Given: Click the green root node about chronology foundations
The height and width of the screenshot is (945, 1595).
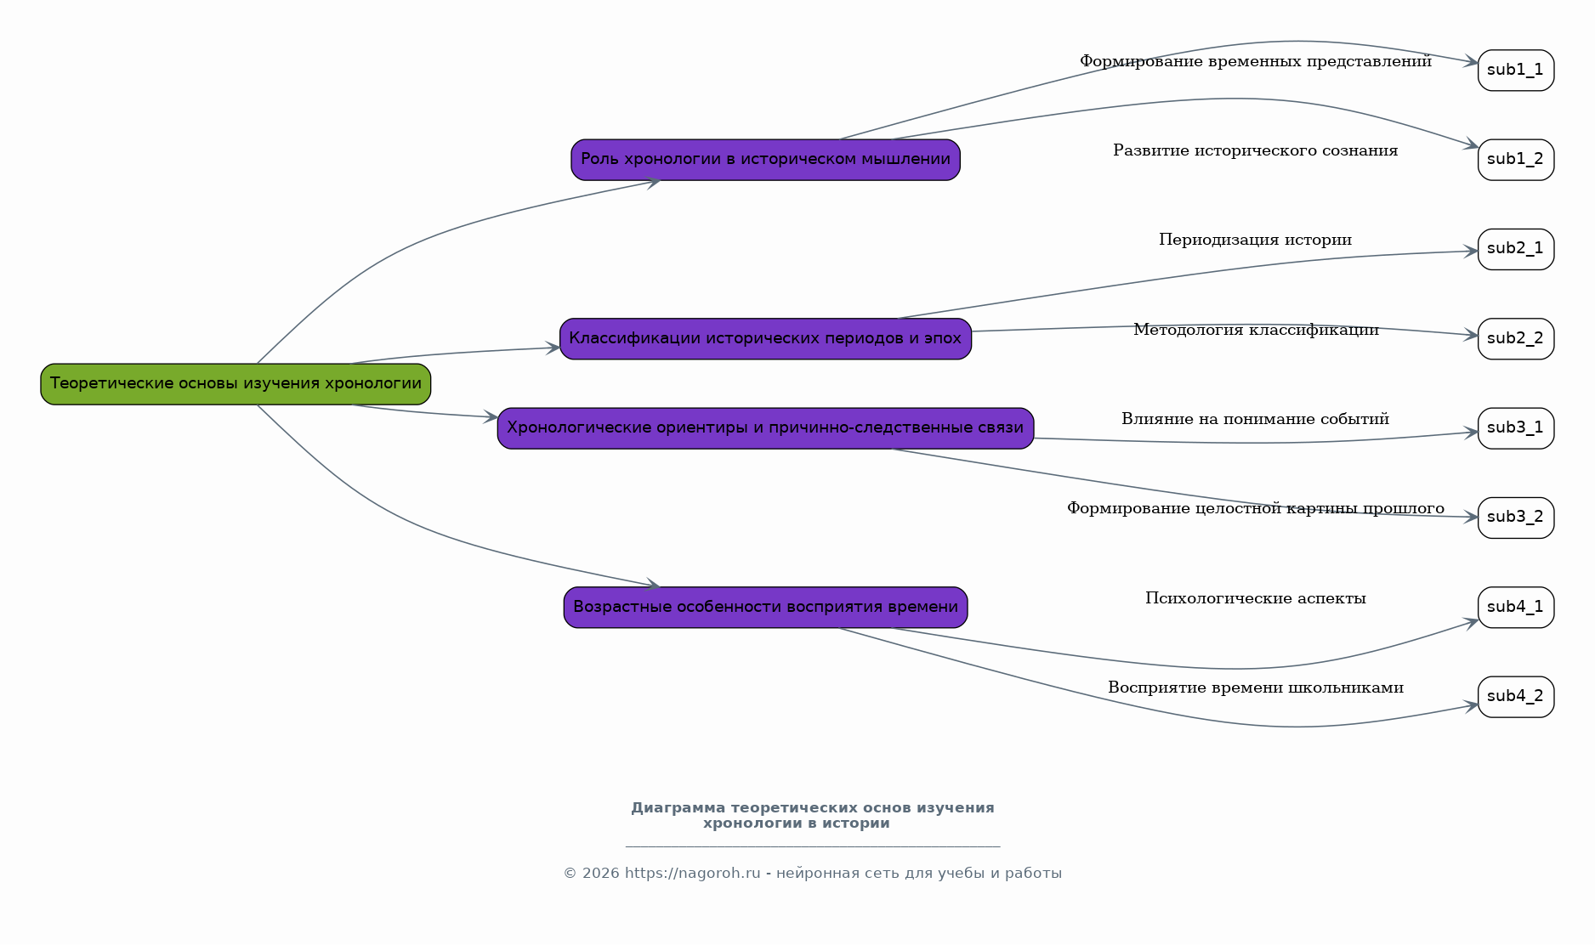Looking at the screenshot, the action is pos(236,384).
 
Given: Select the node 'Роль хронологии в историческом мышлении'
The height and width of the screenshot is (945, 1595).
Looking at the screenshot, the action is pos(765,160).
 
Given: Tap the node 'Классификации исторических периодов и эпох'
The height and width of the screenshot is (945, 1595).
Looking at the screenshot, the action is pos(765,339).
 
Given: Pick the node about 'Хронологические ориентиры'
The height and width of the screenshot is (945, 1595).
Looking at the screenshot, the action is pos(765,428).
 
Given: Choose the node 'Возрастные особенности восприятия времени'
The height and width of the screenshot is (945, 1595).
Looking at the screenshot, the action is pos(765,608).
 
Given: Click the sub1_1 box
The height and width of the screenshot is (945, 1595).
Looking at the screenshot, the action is pos(1516,71).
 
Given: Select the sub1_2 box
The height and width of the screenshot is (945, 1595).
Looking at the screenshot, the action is pos(1516,160).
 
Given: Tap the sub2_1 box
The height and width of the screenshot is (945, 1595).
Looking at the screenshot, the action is pos(1516,249).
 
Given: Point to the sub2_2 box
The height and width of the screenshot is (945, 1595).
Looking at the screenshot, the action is pos(1516,339).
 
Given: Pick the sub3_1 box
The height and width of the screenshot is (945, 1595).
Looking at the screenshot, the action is pos(1516,428).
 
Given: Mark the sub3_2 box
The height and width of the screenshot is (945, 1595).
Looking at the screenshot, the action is pos(1516,518).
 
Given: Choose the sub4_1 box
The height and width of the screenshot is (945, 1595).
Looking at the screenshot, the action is pos(1516,608).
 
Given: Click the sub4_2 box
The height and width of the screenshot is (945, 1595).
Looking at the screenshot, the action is pos(1516,697).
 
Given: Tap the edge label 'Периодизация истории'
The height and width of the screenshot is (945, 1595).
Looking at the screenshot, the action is pos(1255,240).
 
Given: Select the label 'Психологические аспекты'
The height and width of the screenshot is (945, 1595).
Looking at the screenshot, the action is pos(1255,598).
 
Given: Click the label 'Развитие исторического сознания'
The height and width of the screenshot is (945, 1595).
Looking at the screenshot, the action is pos(1255,150).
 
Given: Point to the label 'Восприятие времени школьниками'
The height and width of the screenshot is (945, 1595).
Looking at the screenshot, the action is pos(1255,688).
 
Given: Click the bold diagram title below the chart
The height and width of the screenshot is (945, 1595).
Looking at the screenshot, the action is pos(812,815).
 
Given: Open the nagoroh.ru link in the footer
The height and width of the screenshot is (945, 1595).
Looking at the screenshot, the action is pos(692,874).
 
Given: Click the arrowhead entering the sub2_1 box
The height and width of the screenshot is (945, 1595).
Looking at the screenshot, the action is pos(1471,251).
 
